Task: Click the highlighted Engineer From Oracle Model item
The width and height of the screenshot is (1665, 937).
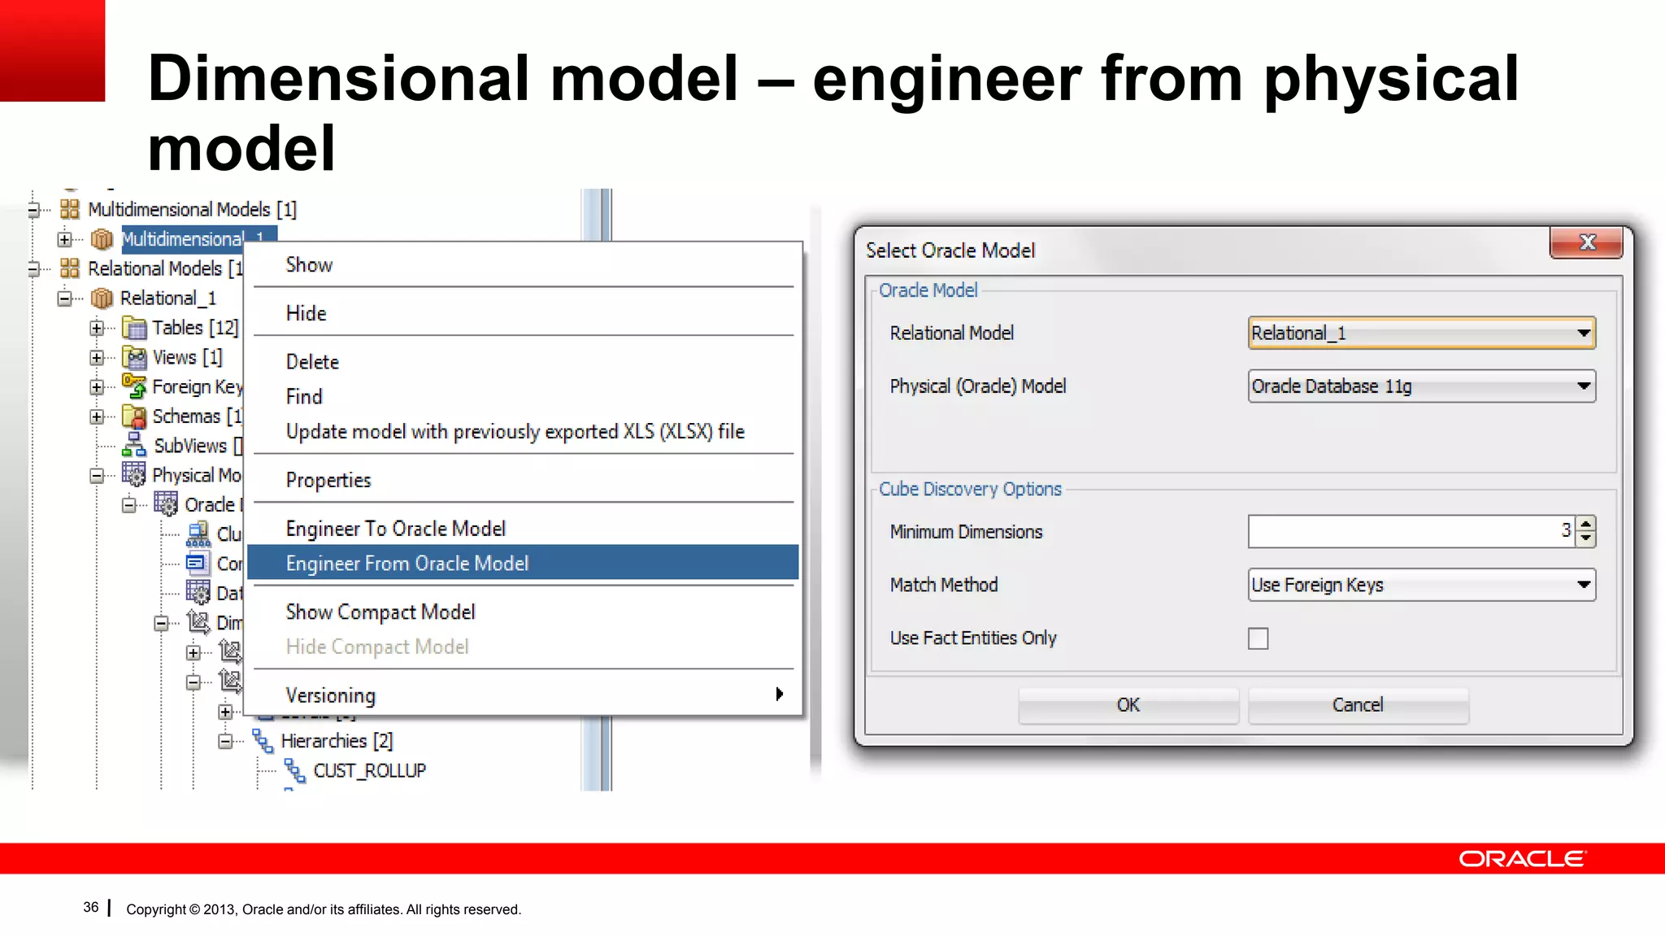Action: click(x=406, y=564)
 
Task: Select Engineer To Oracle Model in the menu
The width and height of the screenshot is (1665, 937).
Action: click(x=395, y=529)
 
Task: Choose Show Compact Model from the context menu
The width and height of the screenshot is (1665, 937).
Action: click(x=380, y=612)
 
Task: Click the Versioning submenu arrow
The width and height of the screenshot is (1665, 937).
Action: click(x=779, y=695)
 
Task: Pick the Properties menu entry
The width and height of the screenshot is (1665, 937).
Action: click(x=328, y=480)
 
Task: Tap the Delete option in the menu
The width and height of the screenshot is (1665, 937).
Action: click(x=312, y=362)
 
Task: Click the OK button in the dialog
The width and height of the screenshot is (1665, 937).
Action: click(x=1128, y=705)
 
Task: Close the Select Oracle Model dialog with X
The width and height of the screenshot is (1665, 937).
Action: click(x=1586, y=242)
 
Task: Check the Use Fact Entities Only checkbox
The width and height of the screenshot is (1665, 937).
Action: click(x=1258, y=638)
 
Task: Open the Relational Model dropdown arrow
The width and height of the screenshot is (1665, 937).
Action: click(x=1583, y=333)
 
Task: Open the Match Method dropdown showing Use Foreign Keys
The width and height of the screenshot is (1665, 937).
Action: click(x=1583, y=585)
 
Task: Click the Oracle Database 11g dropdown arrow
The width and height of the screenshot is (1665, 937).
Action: click(x=1583, y=386)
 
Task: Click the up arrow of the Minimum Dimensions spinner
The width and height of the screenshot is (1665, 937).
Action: click(x=1586, y=524)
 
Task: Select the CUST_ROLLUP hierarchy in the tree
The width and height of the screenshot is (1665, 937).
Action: click(x=369, y=770)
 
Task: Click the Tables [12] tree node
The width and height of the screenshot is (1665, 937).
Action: click(x=195, y=328)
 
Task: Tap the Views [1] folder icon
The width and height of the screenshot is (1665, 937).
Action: click(x=134, y=357)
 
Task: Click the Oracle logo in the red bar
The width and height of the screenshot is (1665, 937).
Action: click(x=1521, y=859)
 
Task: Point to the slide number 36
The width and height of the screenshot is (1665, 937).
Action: click(x=91, y=908)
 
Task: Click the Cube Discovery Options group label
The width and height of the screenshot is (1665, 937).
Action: click(x=970, y=489)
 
